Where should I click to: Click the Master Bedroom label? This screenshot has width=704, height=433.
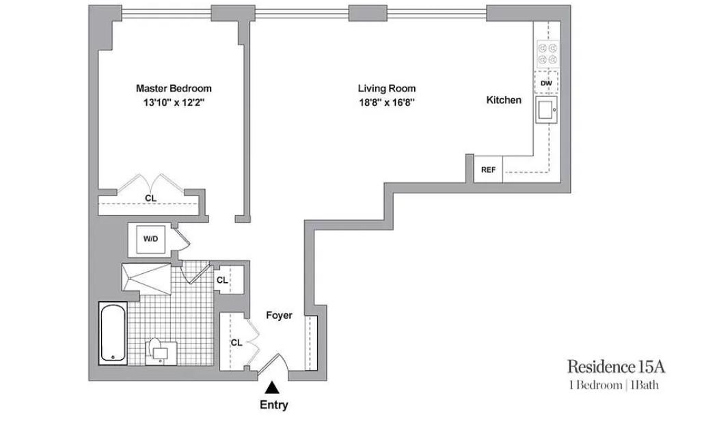[x=174, y=88]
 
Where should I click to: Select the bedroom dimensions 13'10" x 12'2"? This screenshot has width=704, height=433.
[x=174, y=102]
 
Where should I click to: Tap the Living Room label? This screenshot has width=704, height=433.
[x=387, y=88]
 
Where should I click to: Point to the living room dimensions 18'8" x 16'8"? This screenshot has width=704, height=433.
[x=387, y=102]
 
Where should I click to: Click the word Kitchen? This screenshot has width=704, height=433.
[x=504, y=100]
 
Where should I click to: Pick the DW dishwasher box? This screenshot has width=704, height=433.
[x=546, y=83]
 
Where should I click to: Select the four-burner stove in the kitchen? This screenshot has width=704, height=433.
[x=547, y=54]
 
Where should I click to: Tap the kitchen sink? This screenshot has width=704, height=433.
[x=546, y=110]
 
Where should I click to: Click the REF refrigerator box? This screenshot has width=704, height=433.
[x=488, y=169]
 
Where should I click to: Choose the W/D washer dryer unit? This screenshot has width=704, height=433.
[x=151, y=239]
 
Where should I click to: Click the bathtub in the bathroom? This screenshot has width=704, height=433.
[x=113, y=333]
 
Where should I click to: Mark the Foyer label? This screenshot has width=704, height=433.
[x=279, y=316]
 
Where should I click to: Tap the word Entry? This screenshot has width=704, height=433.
[x=274, y=405]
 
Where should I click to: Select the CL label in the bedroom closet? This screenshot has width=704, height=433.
[x=150, y=198]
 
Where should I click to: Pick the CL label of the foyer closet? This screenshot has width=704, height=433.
[x=236, y=343]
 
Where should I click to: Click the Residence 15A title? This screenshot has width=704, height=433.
[x=616, y=367]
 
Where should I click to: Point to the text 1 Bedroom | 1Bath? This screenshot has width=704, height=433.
[x=614, y=385]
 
